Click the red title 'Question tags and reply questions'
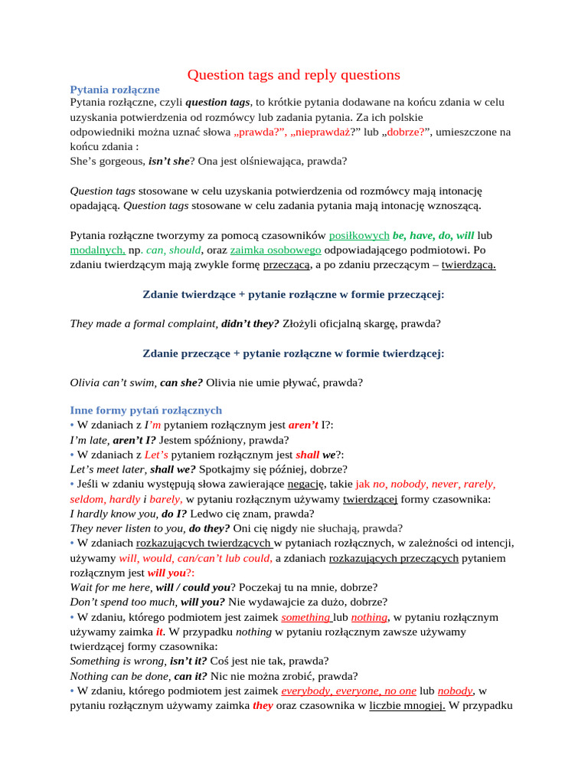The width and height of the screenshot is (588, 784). [x=294, y=74]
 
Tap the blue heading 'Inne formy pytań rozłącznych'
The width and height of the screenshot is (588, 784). [x=145, y=410]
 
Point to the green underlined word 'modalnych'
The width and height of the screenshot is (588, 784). [x=96, y=250]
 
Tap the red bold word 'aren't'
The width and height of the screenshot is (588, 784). [x=303, y=425]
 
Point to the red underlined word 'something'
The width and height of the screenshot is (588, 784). [x=306, y=617]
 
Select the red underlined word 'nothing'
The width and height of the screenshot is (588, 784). [x=369, y=617]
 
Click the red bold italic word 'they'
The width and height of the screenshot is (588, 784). [x=263, y=706]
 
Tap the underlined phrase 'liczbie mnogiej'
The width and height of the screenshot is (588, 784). [x=407, y=706]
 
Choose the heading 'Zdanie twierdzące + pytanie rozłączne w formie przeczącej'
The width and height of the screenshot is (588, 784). [x=293, y=294]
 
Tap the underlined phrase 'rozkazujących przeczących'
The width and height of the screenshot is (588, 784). [x=394, y=558]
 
